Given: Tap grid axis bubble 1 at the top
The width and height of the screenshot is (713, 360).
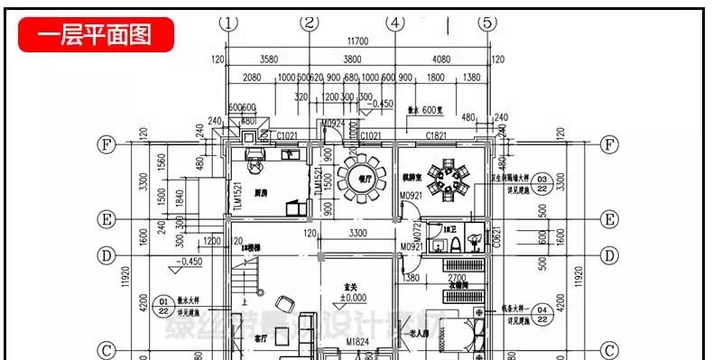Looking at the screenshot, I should coord(230,23).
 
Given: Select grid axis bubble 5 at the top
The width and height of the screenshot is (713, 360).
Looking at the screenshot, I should coord(487,23).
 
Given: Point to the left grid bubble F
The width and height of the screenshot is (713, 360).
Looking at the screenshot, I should coord(106,144).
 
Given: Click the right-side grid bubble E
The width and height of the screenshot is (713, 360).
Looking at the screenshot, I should coord(610,220).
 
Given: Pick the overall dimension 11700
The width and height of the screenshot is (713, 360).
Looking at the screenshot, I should coord(357,42).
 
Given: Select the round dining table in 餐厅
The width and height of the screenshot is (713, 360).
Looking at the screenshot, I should coord(364,172).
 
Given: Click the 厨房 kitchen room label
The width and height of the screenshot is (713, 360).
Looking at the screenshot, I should coord(261,192).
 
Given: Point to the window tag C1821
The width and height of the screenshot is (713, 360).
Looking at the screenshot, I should coord(437,136).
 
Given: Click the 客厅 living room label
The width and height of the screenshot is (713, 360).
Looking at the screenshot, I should coord(262,340).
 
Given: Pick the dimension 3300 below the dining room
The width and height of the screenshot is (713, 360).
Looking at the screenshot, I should coord(356,234).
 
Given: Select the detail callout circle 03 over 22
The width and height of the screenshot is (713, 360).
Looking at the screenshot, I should coord(542,184).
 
